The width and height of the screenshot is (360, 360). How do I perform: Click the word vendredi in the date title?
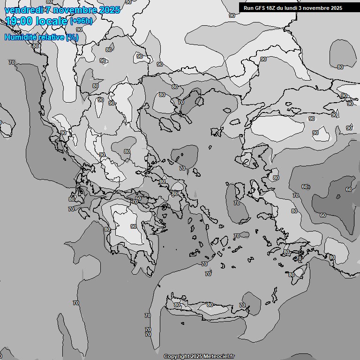pyautogui.click(x=24, y=10)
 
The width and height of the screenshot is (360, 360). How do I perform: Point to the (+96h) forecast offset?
pyautogui.click(x=81, y=21)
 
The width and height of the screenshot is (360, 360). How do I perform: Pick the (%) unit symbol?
pyautogui.click(x=72, y=37)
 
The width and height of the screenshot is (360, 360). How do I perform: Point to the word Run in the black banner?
pyautogui.click(x=248, y=8)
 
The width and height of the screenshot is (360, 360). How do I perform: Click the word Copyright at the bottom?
pyautogui.click(x=176, y=357)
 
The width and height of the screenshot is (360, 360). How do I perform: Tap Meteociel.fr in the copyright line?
pyautogui.click(x=218, y=357)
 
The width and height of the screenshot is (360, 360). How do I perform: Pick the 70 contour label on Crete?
pyautogui.click(x=242, y=305)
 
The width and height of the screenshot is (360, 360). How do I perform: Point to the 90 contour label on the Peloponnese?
pyautogui.click(x=134, y=226)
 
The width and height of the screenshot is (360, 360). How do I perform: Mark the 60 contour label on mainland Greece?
pyautogui.click(x=138, y=198)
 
